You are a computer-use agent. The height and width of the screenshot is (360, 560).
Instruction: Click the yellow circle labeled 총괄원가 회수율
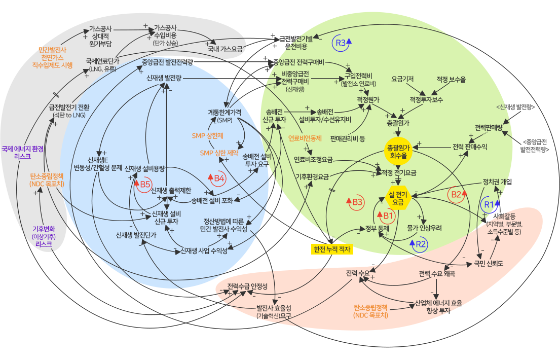tap(398, 151)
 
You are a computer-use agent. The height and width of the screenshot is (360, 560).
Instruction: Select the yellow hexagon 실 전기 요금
tap(398, 198)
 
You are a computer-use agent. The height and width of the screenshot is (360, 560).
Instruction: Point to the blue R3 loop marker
tap(343, 43)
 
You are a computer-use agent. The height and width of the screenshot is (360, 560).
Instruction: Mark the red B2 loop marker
tap(458, 194)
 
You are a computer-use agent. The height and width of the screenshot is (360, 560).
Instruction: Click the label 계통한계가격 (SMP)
tap(224, 116)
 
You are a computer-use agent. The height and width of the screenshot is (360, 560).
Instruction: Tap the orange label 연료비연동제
tap(305, 138)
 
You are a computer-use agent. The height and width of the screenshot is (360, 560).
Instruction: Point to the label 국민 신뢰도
tap(488, 264)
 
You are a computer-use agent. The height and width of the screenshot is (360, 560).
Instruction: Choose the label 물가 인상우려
tap(424, 228)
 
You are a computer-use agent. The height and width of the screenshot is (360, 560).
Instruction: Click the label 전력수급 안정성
tap(247, 286)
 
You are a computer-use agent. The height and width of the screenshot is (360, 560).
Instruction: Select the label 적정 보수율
tap(451, 80)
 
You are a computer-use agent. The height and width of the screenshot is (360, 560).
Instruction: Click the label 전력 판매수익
tap(469, 147)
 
